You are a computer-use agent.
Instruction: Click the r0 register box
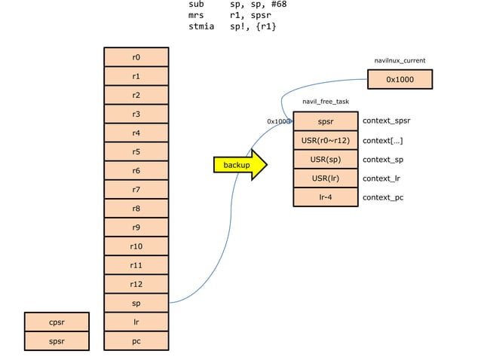click(136, 57)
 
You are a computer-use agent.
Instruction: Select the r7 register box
click(136, 190)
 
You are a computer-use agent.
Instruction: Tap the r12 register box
click(136, 284)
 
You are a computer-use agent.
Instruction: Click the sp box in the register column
click(136, 303)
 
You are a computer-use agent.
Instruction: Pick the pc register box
click(136, 341)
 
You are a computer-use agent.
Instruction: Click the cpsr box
click(57, 322)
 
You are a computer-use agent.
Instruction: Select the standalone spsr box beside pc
click(57, 341)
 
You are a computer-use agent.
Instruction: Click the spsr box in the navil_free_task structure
click(326, 121)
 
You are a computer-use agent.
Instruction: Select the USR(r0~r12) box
click(326, 140)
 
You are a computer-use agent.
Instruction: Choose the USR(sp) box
click(326, 160)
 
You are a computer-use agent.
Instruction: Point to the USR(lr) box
click(326, 178)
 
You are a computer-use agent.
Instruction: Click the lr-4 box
click(326, 197)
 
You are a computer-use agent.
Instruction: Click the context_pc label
click(383, 197)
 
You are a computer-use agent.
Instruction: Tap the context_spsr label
click(386, 121)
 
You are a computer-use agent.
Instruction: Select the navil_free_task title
click(326, 101)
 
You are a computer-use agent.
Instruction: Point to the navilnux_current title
click(400, 59)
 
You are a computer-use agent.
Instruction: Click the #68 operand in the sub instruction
click(276, 5)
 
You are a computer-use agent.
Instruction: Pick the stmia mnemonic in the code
click(201, 26)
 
